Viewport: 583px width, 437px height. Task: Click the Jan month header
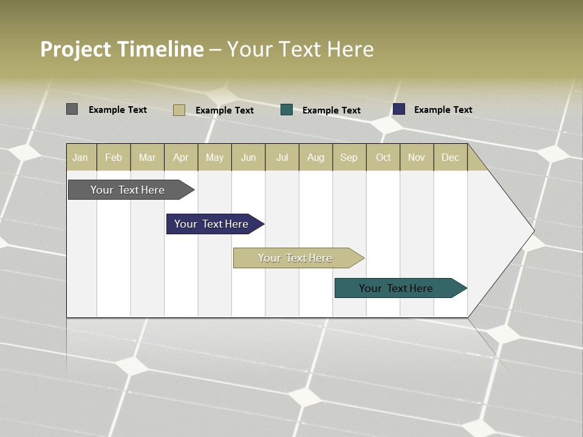tap(81, 157)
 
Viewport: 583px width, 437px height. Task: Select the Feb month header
tap(114, 157)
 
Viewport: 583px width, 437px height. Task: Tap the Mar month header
tap(147, 157)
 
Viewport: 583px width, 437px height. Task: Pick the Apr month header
tap(181, 157)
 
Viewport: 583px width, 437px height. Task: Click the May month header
tap(214, 157)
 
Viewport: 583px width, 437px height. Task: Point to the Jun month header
tap(248, 157)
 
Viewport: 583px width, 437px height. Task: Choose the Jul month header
tap(282, 157)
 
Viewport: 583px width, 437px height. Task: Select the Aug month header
tap(316, 157)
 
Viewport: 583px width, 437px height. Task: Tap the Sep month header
tap(349, 157)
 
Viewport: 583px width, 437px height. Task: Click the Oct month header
tap(383, 157)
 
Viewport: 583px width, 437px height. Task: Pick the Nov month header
tap(417, 157)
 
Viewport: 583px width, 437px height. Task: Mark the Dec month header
tap(451, 157)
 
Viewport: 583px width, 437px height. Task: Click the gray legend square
tap(72, 109)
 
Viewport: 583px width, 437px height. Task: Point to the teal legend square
tap(287, 110)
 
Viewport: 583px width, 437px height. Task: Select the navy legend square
tap(399, 109)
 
